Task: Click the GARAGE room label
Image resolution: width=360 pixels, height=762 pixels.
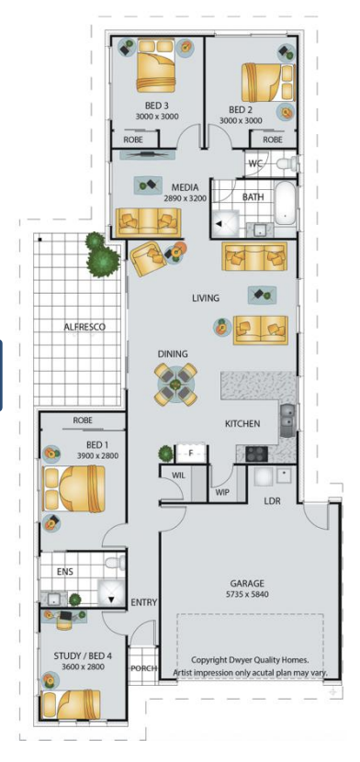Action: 247,583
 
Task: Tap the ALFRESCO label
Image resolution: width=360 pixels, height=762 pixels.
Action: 84,327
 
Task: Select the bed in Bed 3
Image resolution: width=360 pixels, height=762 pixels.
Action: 155,65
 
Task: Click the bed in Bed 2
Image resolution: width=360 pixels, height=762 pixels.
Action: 268,82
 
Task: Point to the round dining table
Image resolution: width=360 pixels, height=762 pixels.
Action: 176,385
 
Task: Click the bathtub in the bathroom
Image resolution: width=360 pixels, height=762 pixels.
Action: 286,203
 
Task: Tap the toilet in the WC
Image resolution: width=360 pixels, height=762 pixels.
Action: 287,163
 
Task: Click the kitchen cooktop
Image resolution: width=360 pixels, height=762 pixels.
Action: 256,454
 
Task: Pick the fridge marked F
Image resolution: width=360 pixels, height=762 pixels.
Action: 191,454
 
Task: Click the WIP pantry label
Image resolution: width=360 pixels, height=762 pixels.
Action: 223,493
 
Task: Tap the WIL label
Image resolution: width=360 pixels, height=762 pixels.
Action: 179,476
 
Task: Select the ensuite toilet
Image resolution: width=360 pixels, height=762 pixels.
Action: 115,564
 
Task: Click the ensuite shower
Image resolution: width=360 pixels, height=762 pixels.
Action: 111,592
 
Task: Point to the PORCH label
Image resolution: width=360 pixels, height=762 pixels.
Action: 143,668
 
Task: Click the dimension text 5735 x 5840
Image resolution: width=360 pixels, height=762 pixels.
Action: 247,594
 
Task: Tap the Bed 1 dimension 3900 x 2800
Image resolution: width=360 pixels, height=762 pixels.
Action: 97,456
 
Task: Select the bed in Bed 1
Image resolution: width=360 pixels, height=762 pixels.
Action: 74,488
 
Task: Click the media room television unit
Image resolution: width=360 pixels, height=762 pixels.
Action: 148,155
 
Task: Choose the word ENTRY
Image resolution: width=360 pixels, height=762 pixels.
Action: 144,603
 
